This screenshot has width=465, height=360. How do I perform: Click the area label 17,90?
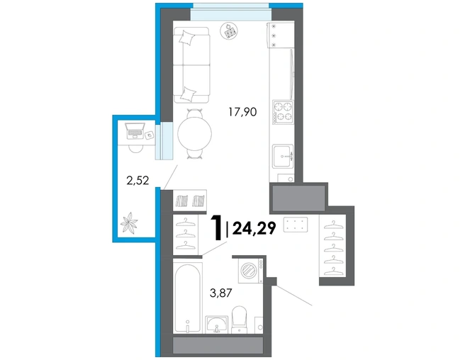click(x=242, y=112)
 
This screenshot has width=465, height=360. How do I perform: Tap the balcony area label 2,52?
click(x=138, y=180)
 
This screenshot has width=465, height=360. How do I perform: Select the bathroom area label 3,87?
click(x=220, y=293)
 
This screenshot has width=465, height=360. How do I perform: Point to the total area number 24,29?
click(x=254, y=228)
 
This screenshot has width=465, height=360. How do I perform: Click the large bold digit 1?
click(x=216, y=227)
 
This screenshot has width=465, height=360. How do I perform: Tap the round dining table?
click(x=194, y=134)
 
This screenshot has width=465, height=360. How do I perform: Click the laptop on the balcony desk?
click(x=135, y=131)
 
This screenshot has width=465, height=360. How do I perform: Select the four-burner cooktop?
click(x=283, y=112)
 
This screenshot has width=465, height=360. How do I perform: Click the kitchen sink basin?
click(x=283, y=156)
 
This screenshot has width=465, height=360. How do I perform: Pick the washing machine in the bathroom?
click(x=251, y=271)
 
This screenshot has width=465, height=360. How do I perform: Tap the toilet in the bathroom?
click(x=239, y=320)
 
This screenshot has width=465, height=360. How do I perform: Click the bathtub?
click(x=188, y=298)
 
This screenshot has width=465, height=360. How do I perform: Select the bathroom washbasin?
click(x=217, y=324)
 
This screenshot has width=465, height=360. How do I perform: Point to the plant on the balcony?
click(x=129, y=223)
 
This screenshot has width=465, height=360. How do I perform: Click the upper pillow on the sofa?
click(x=187, y=38)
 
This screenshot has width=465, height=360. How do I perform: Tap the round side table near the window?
click(x=229, y=31)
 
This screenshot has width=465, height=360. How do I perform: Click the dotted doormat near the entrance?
click(x=296, y=225)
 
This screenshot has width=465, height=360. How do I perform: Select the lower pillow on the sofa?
click(x=189, y=94)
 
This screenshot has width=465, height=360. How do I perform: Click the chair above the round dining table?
click(x=194, y=113)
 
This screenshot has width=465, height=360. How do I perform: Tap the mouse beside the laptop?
click(x=149, y=135)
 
